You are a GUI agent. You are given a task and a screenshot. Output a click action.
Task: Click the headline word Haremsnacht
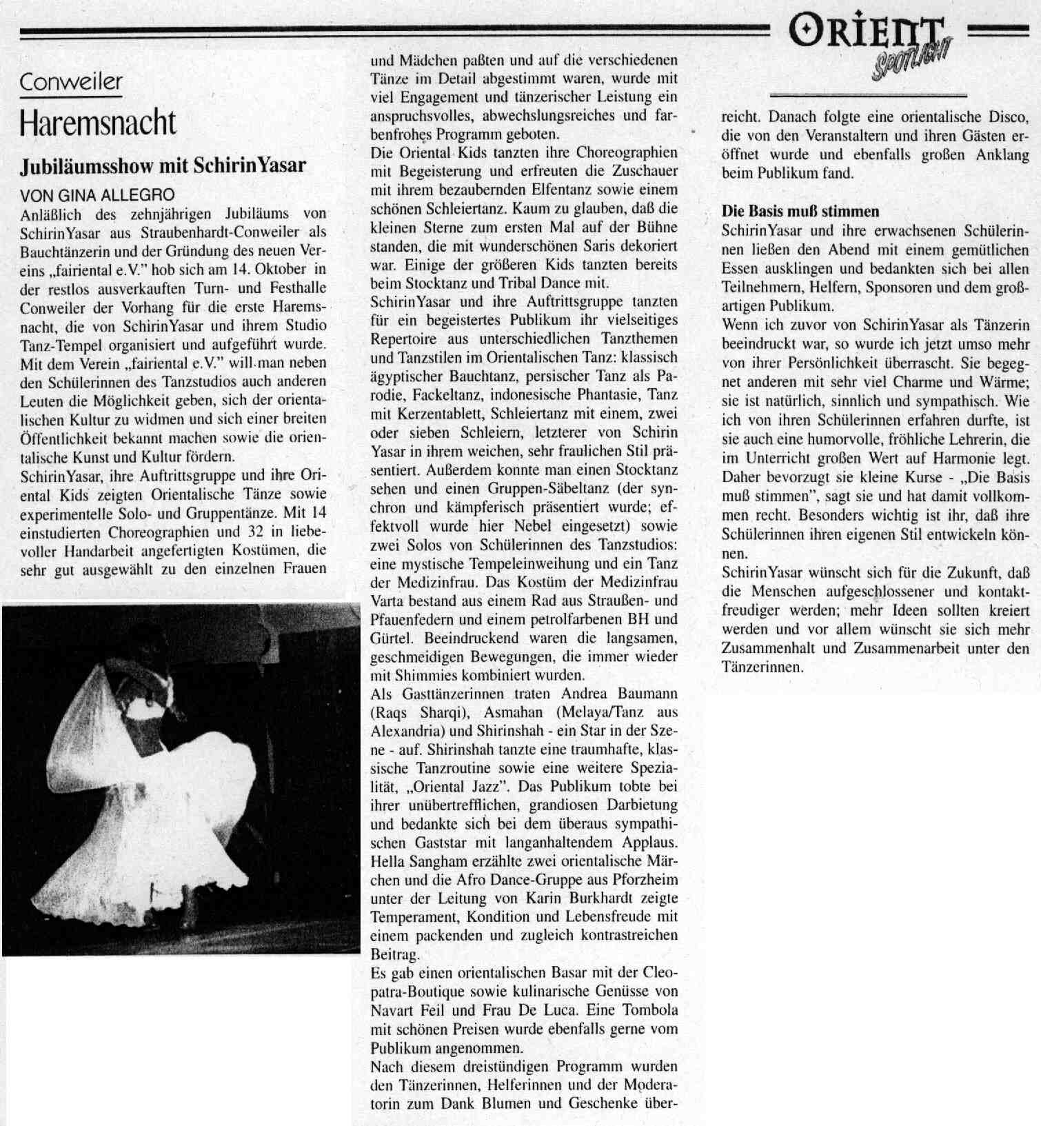[98, 123]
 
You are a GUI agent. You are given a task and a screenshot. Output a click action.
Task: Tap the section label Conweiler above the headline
[71, 82]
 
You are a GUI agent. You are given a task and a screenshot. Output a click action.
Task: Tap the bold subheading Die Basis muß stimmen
[800, 211]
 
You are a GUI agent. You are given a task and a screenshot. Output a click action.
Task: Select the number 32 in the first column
[252, 532]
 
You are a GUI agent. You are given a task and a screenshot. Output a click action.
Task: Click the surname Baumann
[645, 694]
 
